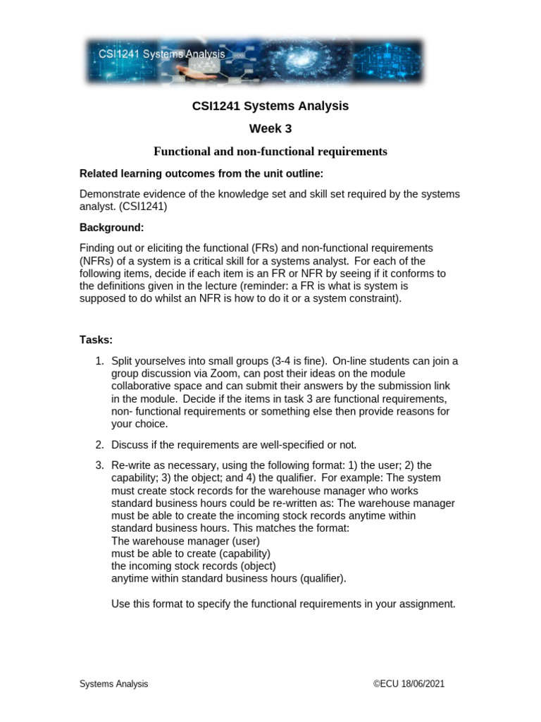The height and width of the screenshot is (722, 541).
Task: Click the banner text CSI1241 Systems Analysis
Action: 156,54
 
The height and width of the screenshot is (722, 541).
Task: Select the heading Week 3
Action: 270,128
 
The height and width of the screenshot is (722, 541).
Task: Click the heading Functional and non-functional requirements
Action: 270,151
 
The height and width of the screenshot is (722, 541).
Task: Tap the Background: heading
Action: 111,228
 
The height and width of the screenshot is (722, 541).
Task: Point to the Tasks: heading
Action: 96,340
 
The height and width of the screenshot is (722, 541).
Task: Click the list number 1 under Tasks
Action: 99,361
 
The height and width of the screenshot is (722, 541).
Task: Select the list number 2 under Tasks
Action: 99,444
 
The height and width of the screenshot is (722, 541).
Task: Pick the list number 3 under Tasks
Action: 99,465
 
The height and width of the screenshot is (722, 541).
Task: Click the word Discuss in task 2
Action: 130,444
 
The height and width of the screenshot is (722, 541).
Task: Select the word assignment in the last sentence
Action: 429,604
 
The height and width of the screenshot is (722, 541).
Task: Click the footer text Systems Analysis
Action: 113,684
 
